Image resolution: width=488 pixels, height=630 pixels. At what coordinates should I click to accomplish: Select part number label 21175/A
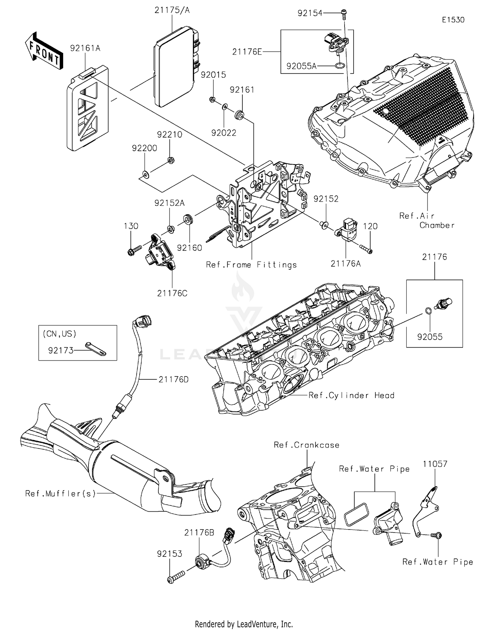[172, 10]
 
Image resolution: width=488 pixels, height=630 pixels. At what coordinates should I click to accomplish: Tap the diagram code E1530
[453, 20]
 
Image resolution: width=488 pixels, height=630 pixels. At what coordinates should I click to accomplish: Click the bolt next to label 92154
[344, 13]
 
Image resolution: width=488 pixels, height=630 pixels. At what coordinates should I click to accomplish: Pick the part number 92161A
[85, 48]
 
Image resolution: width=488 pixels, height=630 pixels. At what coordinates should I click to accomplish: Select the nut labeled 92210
[170, 160]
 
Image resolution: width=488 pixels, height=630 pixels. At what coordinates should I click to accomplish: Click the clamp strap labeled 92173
[96, 349]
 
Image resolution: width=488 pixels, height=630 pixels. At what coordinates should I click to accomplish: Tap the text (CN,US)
[59, 334]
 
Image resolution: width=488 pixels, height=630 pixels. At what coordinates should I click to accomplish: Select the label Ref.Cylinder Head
[351, 395]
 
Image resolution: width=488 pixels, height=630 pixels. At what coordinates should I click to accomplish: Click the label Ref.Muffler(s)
[61, 493]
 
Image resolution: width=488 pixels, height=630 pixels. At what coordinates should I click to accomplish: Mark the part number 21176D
[173, 379]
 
